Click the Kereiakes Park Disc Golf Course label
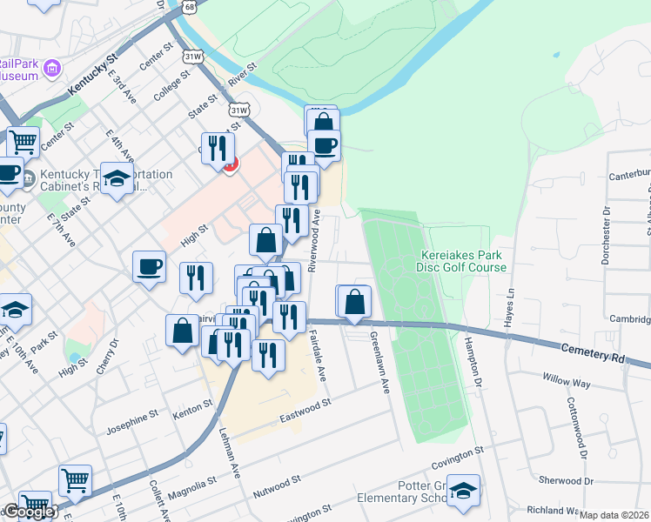pyautogui.click(x=463, y=261)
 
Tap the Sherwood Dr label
pyautogui.click(x=565, y=480)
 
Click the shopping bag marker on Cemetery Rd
pyautogui.click(x=355, y=302)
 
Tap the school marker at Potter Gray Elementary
pyautogui.click(x=465, y=490)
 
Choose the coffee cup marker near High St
pyautogui.click(x=149, y=265)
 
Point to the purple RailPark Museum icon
pyautogui.click(x=52, y=68)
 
